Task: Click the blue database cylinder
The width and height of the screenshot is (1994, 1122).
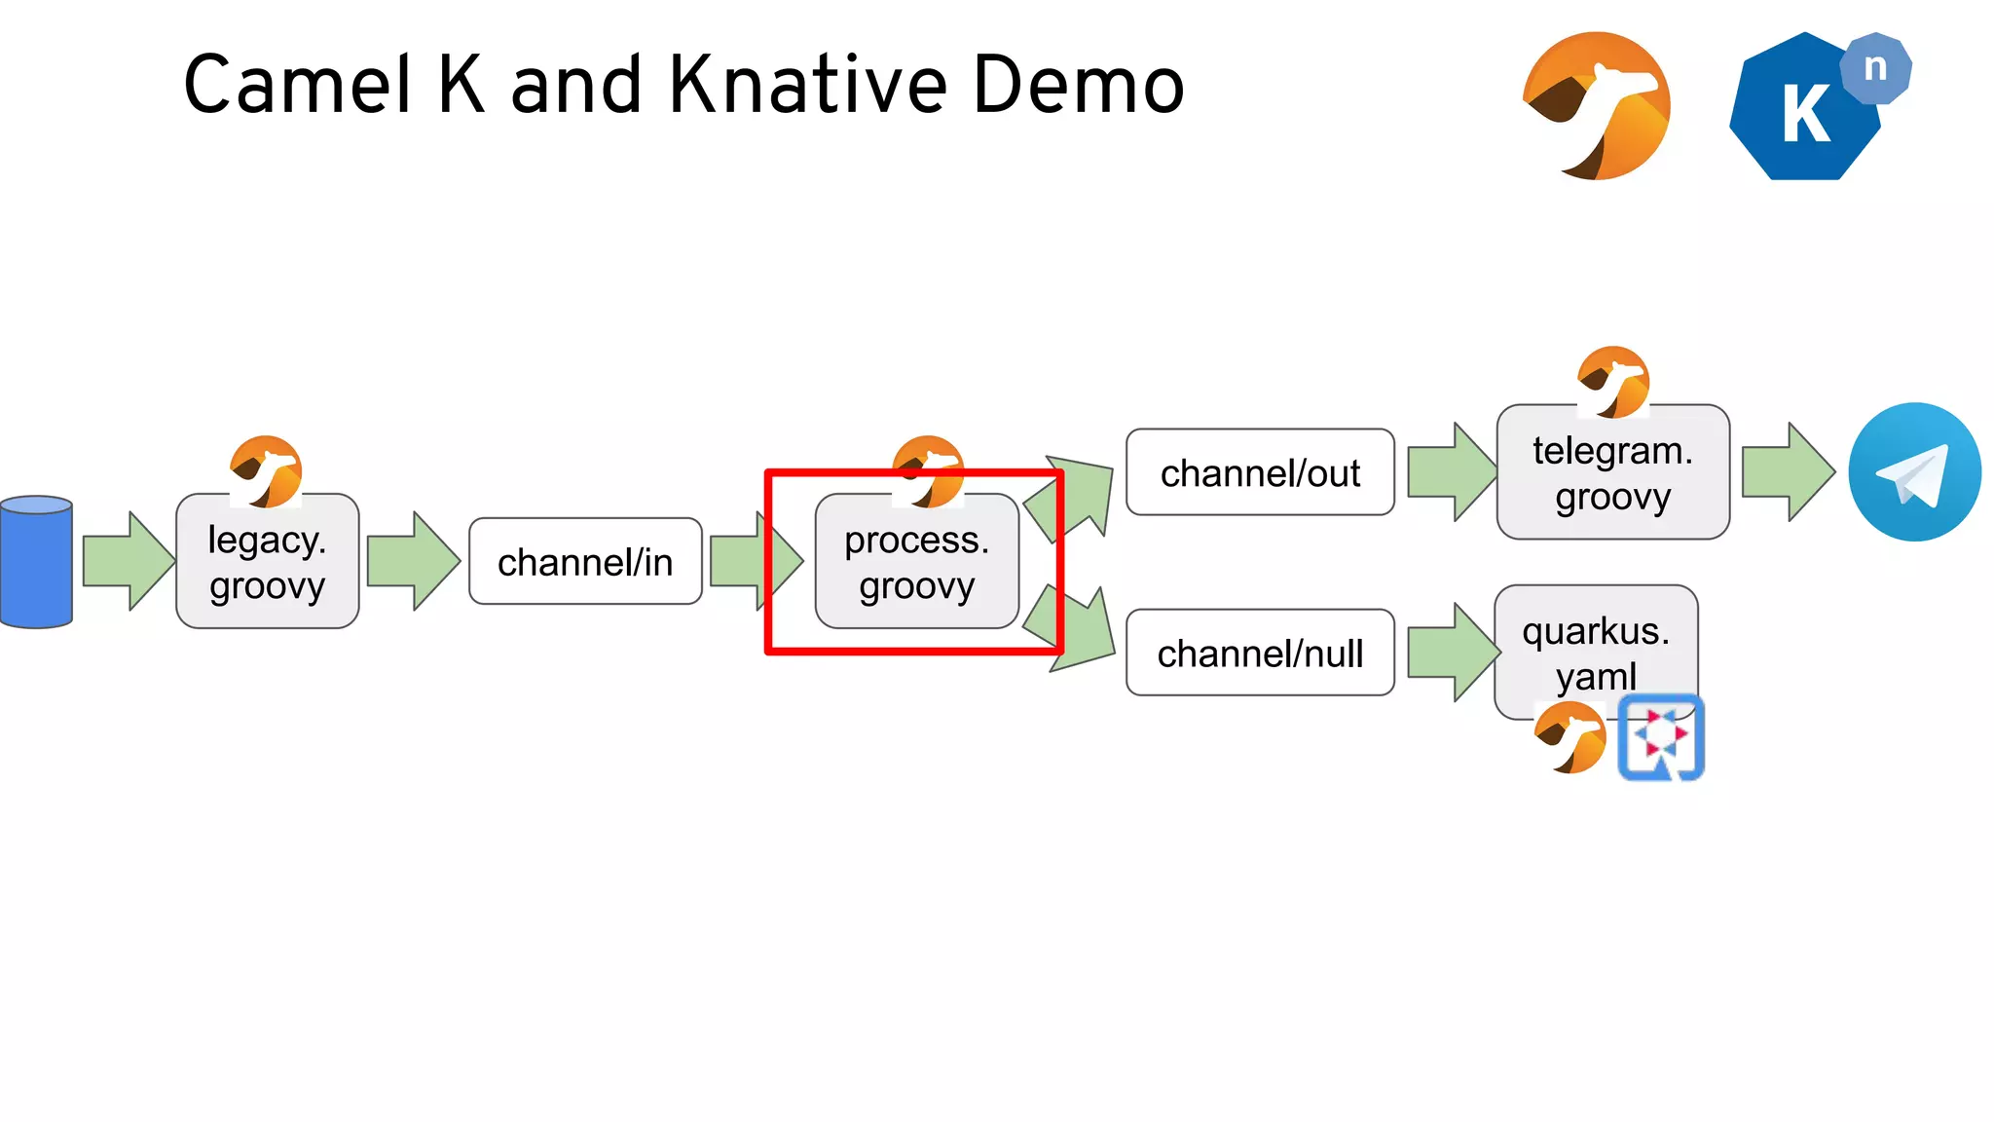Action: tap(37, 562)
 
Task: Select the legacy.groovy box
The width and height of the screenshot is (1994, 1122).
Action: tap(267, 562)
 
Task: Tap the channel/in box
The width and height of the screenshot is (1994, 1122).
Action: tap(585, 562)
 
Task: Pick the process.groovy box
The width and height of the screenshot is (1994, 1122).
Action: tap(916, 562)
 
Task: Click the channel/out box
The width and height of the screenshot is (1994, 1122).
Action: tap(1260, 472)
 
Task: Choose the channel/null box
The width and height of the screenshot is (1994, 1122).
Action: tap(1260, 653)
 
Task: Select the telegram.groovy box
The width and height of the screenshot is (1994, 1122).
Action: tap(1612, 473)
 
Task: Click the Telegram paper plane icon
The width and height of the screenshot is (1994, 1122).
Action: tap(1914, 472)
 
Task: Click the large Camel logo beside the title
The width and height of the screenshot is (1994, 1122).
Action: tap(1597, 105)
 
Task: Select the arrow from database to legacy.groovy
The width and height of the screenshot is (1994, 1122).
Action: tap(127, 561)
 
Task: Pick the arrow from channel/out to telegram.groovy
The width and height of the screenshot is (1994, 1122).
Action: tap(1451, 472)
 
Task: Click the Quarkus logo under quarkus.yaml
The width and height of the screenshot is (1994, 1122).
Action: tap(1661, 737)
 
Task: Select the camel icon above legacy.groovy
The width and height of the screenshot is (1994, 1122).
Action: tap(266, 471)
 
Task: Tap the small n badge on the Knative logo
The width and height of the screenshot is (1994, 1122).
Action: tap(1876, 68)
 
